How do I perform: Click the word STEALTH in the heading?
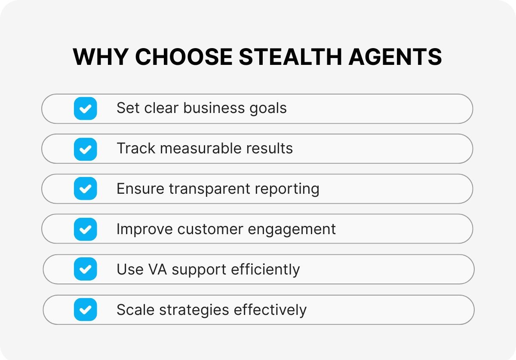[291, 57]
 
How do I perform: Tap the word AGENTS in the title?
[395, 57]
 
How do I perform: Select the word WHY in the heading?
[101, 57]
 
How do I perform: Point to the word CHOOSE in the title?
[184, 57]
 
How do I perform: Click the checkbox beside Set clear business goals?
[86, 108]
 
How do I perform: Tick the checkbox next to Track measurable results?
[86, 149]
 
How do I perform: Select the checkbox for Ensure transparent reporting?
[86, 189]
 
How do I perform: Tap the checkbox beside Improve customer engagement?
[86, 229]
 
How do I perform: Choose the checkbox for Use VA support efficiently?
[86, 269]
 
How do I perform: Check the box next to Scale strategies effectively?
[86, 310]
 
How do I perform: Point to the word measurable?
[201, 148]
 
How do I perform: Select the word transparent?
[209, 189]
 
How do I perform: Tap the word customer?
[210, 229]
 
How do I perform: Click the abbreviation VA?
[158, 269]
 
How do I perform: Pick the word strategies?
[194, 310]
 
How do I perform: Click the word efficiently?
[265, 269]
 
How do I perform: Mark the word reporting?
[287, 189]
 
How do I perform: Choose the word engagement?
[292, 230]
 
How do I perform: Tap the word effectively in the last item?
[270, 310]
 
